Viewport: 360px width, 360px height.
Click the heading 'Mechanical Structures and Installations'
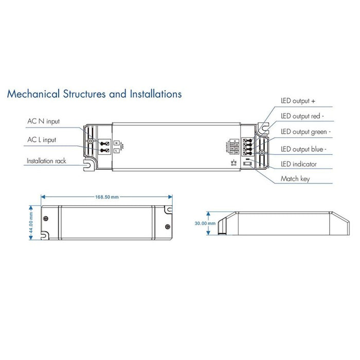(x=94, y=94)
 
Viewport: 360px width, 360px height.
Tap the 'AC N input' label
(x=43, y=122)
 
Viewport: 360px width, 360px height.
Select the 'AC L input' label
(x=42, y=139)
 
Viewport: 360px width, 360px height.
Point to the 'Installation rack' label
(x=47, y=161)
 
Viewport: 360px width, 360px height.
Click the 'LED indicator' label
(x=298, y=164)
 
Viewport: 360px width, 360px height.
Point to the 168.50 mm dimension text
(x=107, y=196)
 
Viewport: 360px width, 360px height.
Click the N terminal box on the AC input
(x=117, y=142)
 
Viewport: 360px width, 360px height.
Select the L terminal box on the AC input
(x=117, y=150)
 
